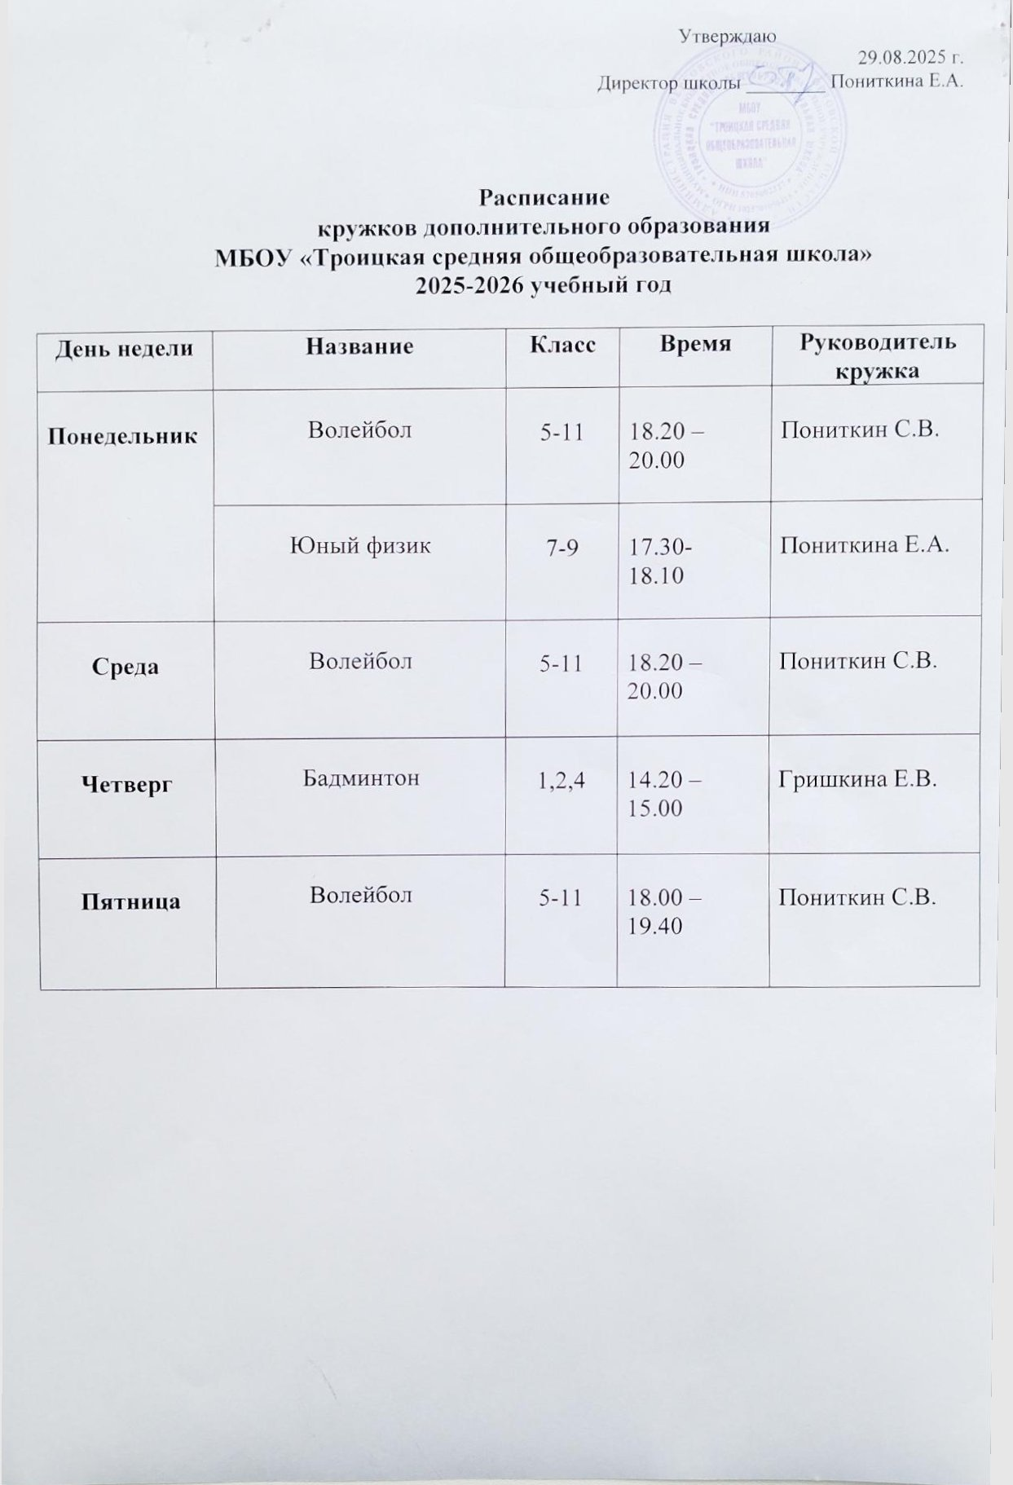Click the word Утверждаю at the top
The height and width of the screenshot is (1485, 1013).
point(726,36)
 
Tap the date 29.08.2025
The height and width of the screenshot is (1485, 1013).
point(911,58)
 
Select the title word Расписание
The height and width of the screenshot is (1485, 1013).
point(544,198)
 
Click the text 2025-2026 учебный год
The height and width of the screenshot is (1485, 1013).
point(544,286)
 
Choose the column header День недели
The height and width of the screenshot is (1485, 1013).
point(125,349)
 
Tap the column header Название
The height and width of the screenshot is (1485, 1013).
point(359,346)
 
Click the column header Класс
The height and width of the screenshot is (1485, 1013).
point(562,345)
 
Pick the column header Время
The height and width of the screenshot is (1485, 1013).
point(695,344)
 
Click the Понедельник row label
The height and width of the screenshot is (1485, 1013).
point(122,436)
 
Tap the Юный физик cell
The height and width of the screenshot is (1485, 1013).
point(360,545)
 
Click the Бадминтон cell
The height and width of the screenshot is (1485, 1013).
point(361,778)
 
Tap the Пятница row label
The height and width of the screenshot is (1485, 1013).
point(130,902)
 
